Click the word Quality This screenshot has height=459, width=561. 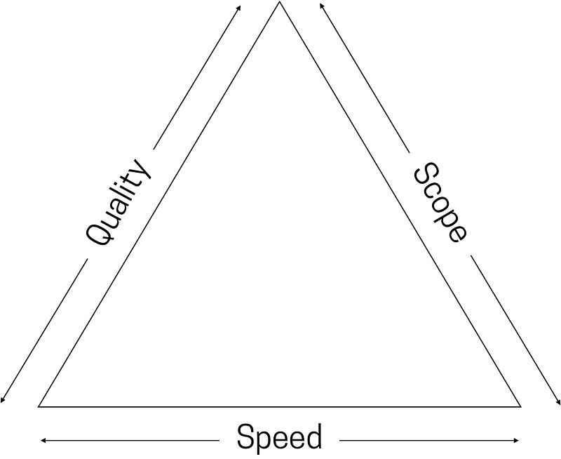[x=120, y=204]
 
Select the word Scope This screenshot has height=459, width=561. [x=440, y=204]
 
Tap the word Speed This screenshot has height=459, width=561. [x=280, y=438]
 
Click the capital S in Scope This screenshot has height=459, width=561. [x=425, y=175]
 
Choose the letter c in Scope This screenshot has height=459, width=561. [x=433, y=189]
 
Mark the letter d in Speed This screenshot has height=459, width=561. [x=313, y=437]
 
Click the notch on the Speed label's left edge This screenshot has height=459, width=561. [x=221, y=439]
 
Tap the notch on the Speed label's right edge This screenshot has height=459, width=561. [x=340, y=439]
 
